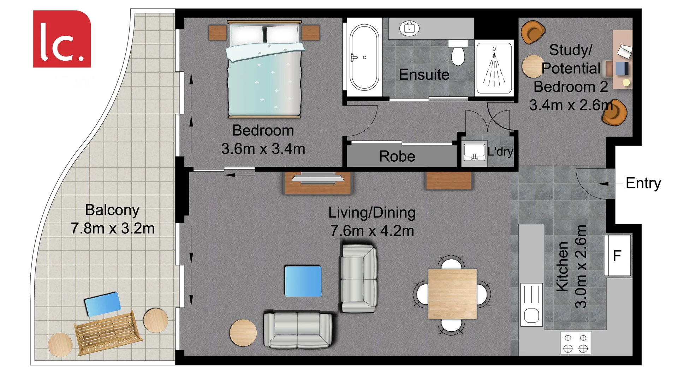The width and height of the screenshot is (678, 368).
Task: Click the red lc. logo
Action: (62, 39)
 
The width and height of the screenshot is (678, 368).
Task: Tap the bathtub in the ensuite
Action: (364, 57)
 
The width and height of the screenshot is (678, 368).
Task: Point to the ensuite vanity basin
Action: (409, 28)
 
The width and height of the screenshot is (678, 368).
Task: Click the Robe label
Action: (397, 156)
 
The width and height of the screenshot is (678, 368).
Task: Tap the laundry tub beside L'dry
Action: (474, 153)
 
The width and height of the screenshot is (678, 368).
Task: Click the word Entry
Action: (643, 183)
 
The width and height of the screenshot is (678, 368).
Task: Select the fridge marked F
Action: (617, 256)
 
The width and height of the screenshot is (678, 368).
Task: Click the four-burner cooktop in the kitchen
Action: (575, 343)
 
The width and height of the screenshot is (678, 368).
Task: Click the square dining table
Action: (452, 294)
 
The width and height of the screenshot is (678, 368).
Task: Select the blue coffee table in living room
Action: (303, 281)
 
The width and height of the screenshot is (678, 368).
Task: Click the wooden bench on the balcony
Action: (108, 333)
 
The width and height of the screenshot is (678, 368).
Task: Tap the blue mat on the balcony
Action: (103, 303)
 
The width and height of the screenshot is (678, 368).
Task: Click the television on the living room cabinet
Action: (317, 178)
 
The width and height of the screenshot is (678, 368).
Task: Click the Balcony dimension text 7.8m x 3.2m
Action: (113, 228)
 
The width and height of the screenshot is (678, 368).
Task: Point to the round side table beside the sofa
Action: (243, 333)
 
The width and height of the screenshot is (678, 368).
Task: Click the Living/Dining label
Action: (371, 213)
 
